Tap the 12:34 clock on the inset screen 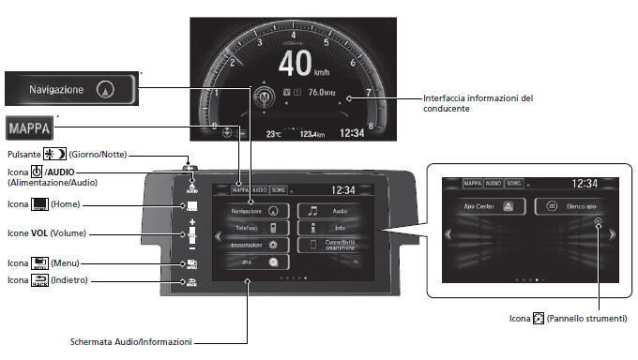coord(585,184)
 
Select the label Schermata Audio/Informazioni coord(132,341)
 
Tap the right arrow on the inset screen coord(612,236)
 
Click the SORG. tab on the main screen coord(278,189)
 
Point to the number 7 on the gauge coord(368,92)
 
